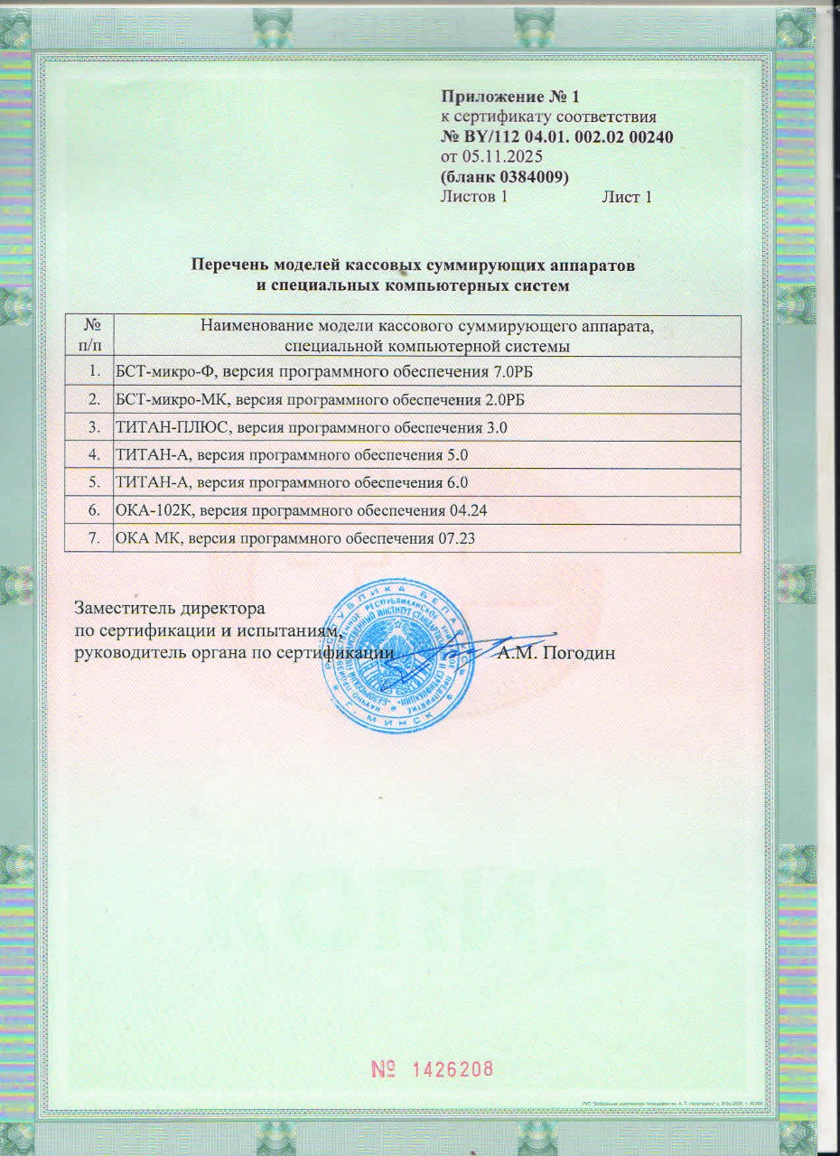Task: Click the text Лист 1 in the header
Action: click(627, 197)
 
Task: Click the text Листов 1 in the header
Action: click(472, 197)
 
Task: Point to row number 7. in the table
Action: click(93, 539)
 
